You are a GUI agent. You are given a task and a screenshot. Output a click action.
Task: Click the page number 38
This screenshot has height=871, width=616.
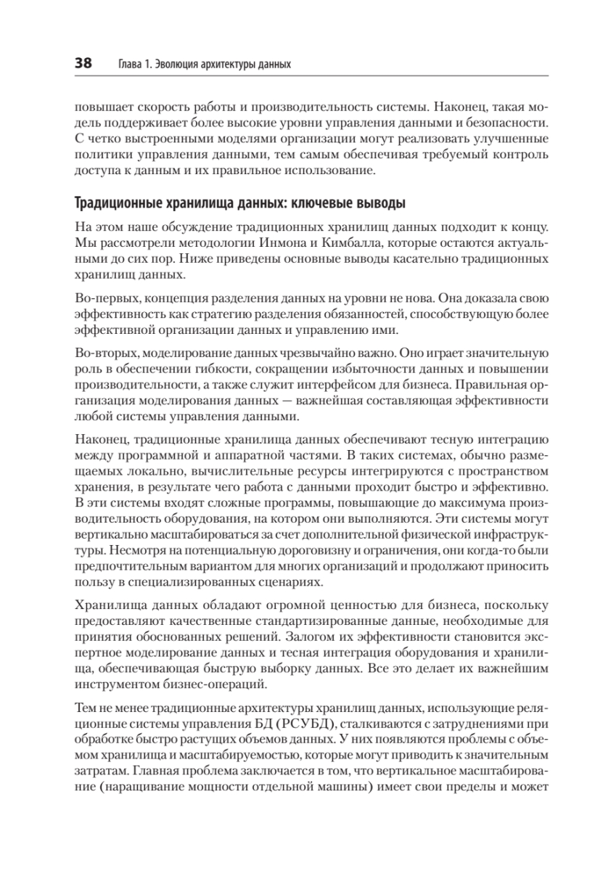coord(83,64)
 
